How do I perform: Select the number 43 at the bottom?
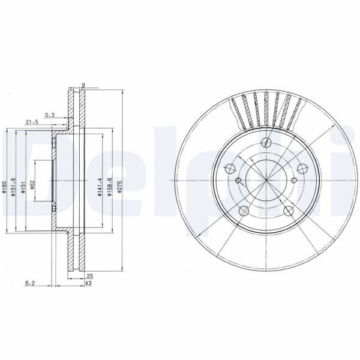click(88, 283)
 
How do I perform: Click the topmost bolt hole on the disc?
click(266, 142)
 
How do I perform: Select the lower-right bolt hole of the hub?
click(288, 211)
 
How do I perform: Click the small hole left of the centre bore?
click(238, 182)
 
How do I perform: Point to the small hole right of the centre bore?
click(294, 182)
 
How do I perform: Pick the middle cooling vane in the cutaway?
click(266, 108)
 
